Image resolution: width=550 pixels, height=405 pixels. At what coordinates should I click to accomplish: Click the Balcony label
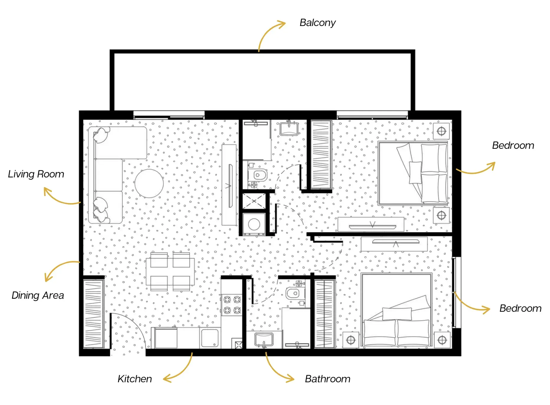317,23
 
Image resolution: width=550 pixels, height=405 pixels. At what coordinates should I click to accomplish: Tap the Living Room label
36,174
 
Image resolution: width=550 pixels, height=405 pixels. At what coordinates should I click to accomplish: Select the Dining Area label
38,295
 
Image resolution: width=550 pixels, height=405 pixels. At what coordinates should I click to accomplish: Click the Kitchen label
135,379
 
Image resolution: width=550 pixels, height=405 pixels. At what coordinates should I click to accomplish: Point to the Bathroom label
328,379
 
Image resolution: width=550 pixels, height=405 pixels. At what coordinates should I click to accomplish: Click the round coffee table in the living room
149,183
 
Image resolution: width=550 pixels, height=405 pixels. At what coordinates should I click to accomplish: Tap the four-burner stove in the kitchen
232,305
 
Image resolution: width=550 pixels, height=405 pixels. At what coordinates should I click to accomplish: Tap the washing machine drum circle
254,224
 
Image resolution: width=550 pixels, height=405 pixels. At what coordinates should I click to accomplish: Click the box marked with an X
254,201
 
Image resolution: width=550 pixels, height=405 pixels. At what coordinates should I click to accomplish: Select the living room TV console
229,185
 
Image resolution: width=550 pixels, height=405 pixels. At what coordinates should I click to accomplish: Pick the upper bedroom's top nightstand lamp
441,130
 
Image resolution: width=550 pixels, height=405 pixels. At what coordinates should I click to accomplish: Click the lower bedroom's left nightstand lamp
351,340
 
